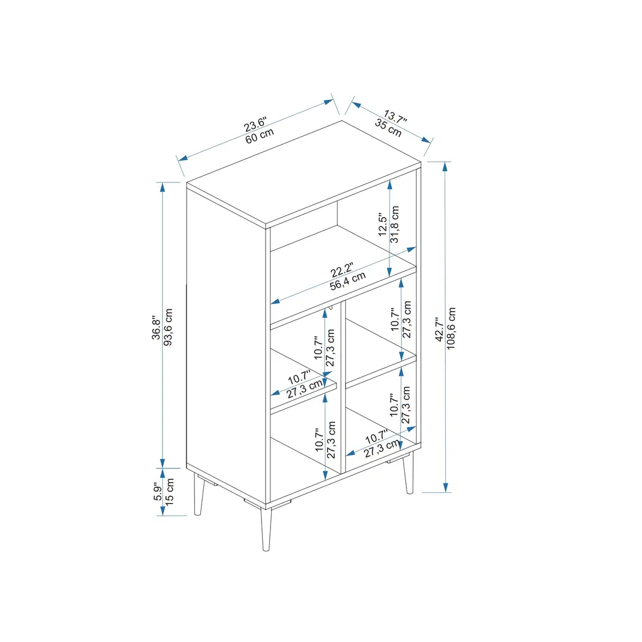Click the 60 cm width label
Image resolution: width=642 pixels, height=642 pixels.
click(260, 136)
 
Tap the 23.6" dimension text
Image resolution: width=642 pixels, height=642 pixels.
click(255, 124)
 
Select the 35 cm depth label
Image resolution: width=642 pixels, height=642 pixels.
click(388, 128)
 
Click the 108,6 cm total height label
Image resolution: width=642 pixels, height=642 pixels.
click(451, 328)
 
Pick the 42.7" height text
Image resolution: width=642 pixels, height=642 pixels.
click(439, 329)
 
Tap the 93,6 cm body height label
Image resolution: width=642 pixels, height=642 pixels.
click(168, 327)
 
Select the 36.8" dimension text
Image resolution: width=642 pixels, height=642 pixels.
click(156, 328)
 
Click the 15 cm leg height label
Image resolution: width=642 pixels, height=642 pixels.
click(169, 492)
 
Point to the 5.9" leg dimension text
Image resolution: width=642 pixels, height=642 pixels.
click(158, 492)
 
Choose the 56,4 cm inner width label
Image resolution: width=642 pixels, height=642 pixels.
click(348, 281)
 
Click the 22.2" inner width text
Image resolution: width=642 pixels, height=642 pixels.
click(342, 270)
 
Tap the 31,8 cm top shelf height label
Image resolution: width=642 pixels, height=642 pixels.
click(394, 224)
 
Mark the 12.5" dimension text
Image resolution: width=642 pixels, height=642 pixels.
click(383, 224)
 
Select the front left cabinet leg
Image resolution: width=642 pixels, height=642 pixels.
click(199, 495)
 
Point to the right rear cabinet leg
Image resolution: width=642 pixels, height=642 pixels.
click(408, 473)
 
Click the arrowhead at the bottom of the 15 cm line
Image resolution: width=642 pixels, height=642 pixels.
click(162, 511)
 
